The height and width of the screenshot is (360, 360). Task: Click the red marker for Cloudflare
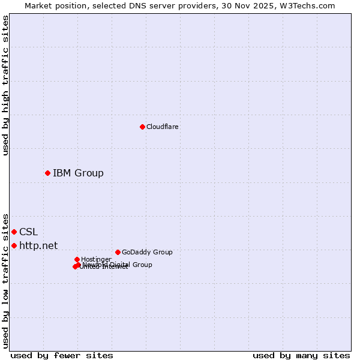tap(142, 127)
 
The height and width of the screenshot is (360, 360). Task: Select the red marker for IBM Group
tap(47, 173)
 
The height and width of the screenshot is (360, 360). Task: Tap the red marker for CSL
tap(14, 232)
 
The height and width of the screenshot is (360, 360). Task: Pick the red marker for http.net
tap(14, 245)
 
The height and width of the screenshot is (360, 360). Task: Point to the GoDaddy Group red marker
tap(118, 252)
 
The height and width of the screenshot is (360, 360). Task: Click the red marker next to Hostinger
tap(77, 259)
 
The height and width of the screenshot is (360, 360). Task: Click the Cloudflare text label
tap(163, 127)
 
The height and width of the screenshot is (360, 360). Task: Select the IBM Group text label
tap(78, 173)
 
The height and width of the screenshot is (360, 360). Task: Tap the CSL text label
tap(28, 232)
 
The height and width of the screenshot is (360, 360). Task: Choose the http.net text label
tap(38, 245)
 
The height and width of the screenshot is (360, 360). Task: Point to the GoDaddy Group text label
tap(147, 252)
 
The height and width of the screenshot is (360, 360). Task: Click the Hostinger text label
tap(96, 259)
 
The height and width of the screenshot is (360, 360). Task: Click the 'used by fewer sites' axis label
tap(62, 355)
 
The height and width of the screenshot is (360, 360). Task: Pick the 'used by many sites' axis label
tap(301, 355)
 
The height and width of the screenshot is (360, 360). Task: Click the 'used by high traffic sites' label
tap(5, 85)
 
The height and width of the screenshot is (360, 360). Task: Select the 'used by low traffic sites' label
tap(5, 280)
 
